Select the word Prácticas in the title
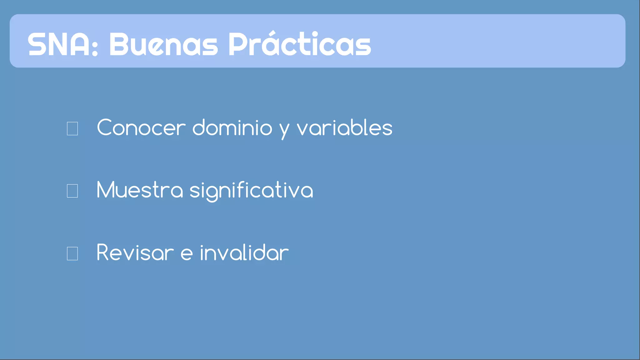(300, 44)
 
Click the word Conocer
(141, 128)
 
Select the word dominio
(232, 128)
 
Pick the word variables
(344, 128)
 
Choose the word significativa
(251, 191)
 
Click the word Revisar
(135, 253)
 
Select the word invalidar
(244, 253)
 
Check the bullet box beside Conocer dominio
(72, 128)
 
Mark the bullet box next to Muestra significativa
(72, 191)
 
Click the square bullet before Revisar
(72, 253)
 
